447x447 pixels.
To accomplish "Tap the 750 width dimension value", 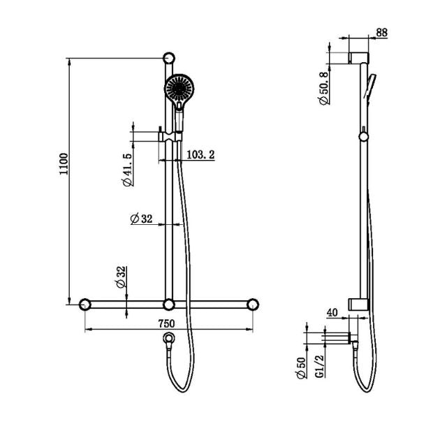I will pyautogui.click(x=166, y=323).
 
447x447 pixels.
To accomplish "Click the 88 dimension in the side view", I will pyautogui.click(x=381, y=32).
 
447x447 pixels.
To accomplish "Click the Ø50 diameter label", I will pyautogui.click(x=300, y=368).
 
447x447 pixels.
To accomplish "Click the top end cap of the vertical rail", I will pyautogui.click(x=168, y=59).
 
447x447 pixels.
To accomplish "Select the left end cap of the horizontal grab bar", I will pyautogui.click(x=85, y=305).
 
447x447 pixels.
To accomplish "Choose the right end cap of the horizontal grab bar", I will pyautogui.click(x=252, y=305).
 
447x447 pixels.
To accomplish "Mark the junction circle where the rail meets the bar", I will pyautogui.click(x=168, y=305).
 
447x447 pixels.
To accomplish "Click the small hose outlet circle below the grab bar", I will pyautogui.click(x=168, y=339).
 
